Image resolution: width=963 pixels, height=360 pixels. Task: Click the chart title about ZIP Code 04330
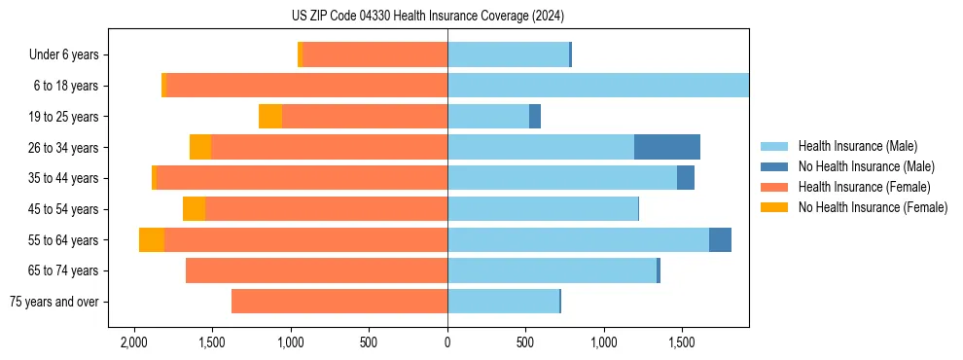[x=428, y=16]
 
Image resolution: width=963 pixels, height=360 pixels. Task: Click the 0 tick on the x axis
[x=447, y=343]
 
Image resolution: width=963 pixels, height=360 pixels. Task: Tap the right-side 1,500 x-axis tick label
[x=682, y=343]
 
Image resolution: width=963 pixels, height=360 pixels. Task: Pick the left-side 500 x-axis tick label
[x=369, y=343]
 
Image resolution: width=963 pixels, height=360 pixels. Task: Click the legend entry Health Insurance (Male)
[x=857, y=147]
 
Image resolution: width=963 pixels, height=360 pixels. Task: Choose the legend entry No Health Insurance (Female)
[x=873, y=207]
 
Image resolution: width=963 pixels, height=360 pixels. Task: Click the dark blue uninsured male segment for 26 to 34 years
[x=667, y=147]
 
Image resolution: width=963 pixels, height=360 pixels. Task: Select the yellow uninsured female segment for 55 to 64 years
[x=152, y=240]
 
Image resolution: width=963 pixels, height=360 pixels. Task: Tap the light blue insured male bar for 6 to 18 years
[x=598, y=86]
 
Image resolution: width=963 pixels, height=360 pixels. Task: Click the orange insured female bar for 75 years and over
[x=339, y=302]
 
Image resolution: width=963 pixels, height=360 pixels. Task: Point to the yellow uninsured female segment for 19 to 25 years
[x=270, y=117]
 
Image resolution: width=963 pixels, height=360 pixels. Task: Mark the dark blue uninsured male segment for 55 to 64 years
[x=720, y=240]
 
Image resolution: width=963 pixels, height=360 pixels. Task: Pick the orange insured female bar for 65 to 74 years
[x=317, y=270]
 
